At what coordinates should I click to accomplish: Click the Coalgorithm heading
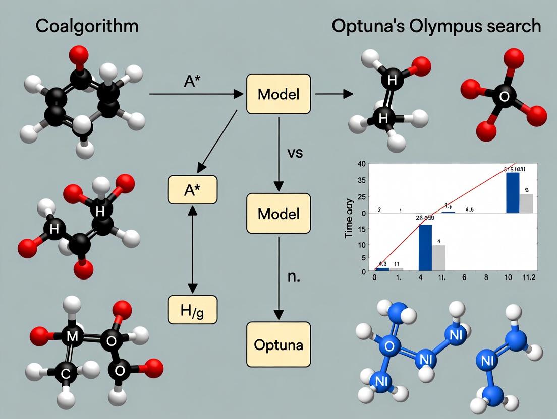pos(87,26)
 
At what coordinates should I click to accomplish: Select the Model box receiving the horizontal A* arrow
pos(278,94)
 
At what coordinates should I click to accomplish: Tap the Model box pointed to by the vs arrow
pos(278,213)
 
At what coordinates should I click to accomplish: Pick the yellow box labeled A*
pos(192,189)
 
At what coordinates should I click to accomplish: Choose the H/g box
pos(192,309)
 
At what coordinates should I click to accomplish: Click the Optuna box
pos(278,344)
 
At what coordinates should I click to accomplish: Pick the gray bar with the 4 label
pos(438,258)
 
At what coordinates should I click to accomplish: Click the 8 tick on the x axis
pos(486,277)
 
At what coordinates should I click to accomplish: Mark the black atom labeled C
pos(66,373)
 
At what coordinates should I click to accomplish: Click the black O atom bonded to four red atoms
pos(504,97)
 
